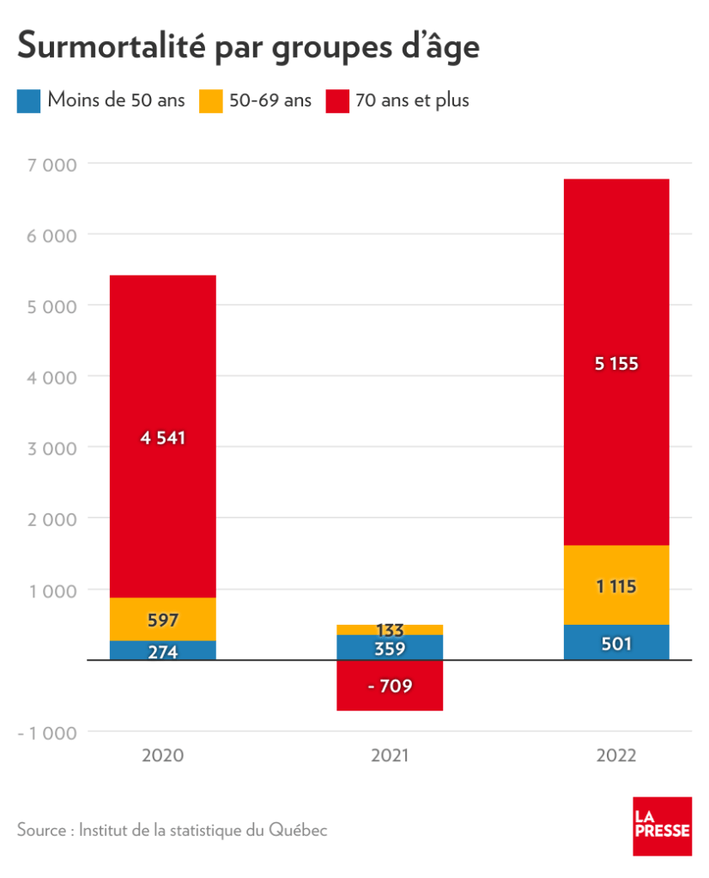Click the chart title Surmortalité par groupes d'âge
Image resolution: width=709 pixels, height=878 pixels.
[x=248, y=45]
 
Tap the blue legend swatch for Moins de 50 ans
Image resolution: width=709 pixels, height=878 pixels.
[x=29, y=100]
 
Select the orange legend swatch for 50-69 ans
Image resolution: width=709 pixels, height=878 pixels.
[x=212, y=100]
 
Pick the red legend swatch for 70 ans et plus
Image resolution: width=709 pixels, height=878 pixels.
[x=338, y=100]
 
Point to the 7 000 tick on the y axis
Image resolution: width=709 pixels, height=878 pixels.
[x=53, y=163]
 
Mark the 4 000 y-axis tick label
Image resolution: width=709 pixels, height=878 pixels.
[x=53, y=377]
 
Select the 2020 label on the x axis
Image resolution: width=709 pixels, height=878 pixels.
[x=162, y=756]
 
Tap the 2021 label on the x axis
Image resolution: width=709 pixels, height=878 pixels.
[x=390, y=756]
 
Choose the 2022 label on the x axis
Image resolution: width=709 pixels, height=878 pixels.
[x=616, y=756]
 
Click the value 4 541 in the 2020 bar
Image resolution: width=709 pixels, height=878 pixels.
[x=163, y=438]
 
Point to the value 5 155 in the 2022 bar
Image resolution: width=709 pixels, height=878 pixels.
[x=616, y=363]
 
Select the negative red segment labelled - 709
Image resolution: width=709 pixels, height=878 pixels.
[x=390, y=686]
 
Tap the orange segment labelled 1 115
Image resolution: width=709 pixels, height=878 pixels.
[x=616, y=586]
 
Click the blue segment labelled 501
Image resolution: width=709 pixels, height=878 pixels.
[x=616, y=643]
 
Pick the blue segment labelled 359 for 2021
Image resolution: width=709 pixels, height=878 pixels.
[x=390, y=648]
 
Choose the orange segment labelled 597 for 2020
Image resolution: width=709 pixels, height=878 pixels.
[x=163, y=620]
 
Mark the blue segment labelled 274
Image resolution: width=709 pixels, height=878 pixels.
[x=163, y=651]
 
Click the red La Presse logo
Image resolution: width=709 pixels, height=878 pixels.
[x=662, y=826]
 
